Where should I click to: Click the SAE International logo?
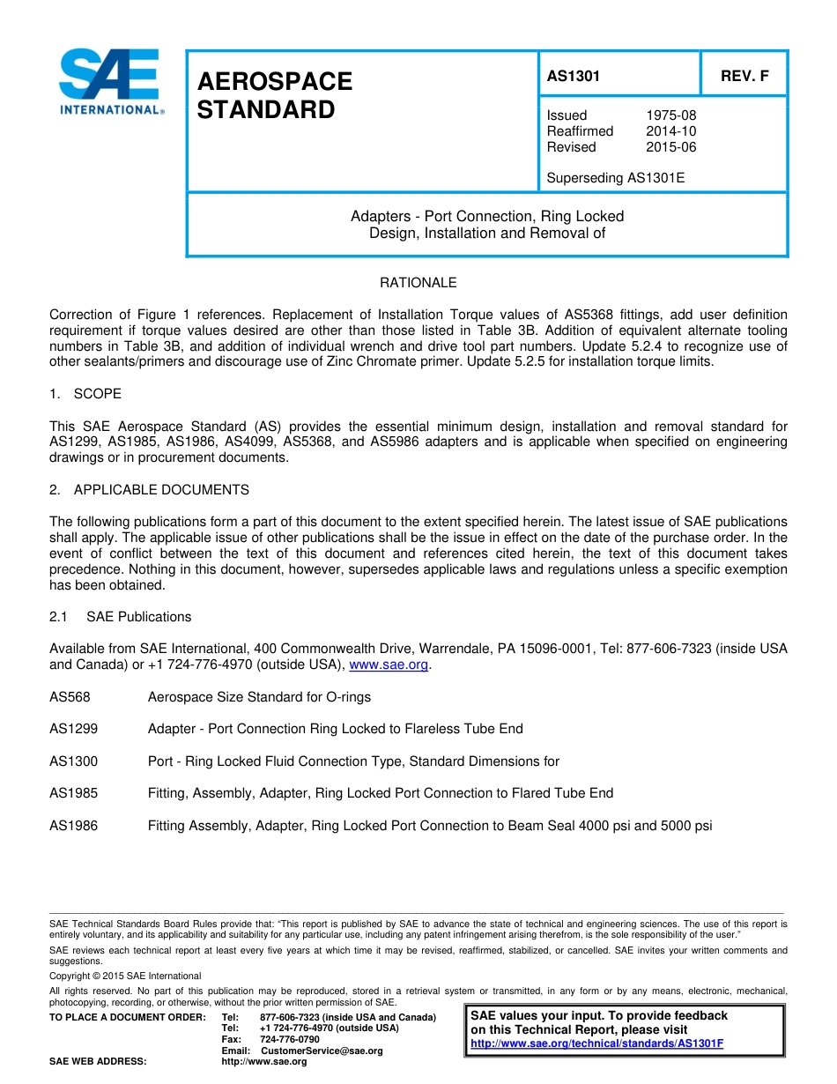tap(110, 82)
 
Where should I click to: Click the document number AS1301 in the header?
tap(573, 76)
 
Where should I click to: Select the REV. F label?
tap(744, 76)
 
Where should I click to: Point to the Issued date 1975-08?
tap(670, 115)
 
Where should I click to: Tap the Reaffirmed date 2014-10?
tap(670, 131)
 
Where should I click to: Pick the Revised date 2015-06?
tap(670, 147)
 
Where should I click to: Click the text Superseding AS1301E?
tap(615, 178)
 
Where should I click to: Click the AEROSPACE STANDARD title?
tap(274, 95)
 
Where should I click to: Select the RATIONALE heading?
tap(418, 283)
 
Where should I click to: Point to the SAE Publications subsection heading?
tap(138, 617)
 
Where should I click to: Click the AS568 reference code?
tap(70, 697)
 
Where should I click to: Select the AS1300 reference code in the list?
tap(73, 761)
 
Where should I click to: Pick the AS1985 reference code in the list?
tap(73, 793)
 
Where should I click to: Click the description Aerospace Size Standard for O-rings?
tap(259, 697)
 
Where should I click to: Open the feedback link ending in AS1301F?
tap(596, 1043)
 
